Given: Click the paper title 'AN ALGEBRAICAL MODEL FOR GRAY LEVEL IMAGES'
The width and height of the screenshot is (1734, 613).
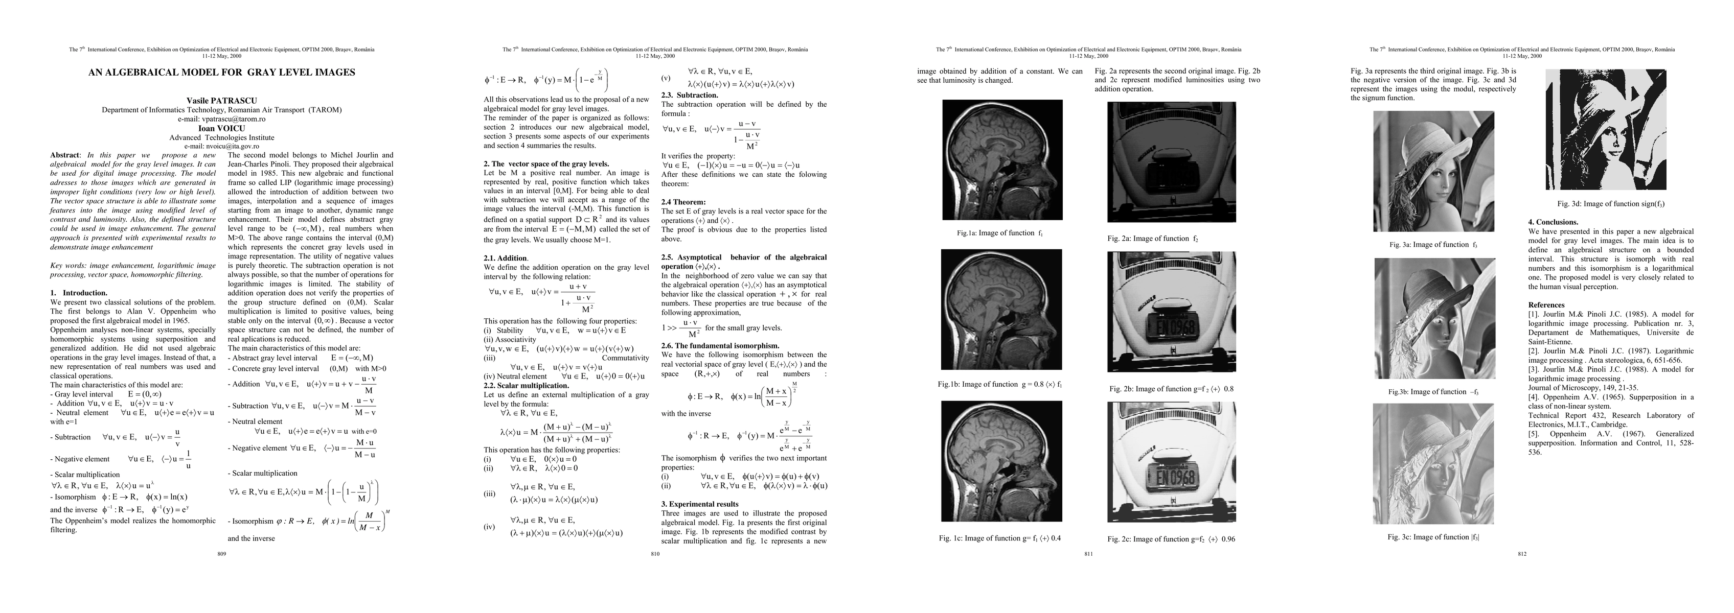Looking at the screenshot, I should tap(221, 73).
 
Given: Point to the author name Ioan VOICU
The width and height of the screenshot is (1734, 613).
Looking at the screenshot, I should tap(221, 128).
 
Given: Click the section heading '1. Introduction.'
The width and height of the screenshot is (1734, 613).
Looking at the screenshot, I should tap(79, 293).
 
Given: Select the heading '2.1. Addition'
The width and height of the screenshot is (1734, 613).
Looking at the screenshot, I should tap(506, 258).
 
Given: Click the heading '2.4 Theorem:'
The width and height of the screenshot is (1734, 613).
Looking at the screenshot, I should tap(683, 202).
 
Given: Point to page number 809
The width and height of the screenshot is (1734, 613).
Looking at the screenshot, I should tap(221, 554).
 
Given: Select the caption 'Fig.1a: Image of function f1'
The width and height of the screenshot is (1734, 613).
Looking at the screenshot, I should tap(1000, 233).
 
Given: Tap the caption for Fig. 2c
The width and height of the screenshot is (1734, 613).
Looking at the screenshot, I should tap(1171, 539).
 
